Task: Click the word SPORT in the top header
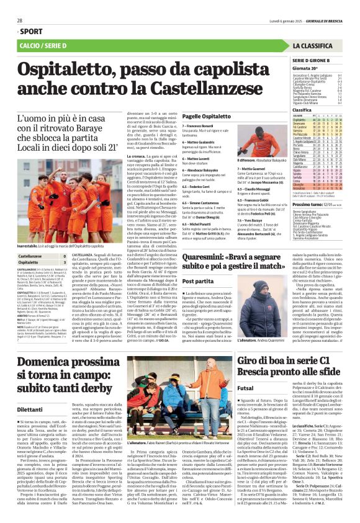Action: click(x=31, y=30)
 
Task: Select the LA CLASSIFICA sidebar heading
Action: click(x=317, y=46)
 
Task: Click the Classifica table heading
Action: click(x=302, y=109)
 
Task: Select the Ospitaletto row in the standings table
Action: click(x=317, y=120)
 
